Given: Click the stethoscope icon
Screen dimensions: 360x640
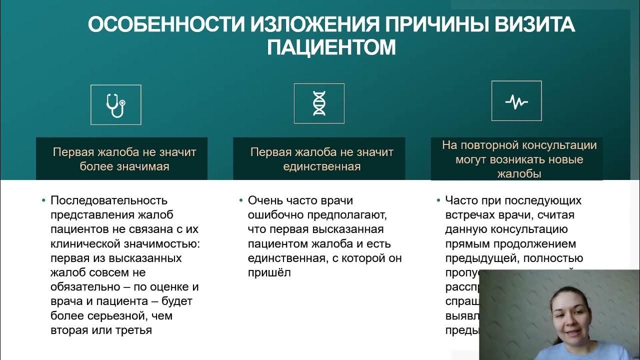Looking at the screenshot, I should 115,105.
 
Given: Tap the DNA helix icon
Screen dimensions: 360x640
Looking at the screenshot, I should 319,103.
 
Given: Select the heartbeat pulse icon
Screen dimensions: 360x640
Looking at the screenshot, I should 516,101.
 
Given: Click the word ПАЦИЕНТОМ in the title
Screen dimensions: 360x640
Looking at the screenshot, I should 331,47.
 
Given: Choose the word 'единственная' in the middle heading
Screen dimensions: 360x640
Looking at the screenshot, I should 321,166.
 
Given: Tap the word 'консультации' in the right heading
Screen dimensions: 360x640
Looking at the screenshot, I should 562,145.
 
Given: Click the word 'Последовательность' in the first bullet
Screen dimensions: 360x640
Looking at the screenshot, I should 108,200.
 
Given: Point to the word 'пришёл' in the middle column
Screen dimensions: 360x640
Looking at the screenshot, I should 269,272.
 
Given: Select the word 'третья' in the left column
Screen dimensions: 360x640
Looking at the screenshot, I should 135,330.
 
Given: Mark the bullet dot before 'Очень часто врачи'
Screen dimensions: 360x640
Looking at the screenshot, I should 241,201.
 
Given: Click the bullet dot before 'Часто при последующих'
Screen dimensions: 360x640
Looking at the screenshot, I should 438,201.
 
